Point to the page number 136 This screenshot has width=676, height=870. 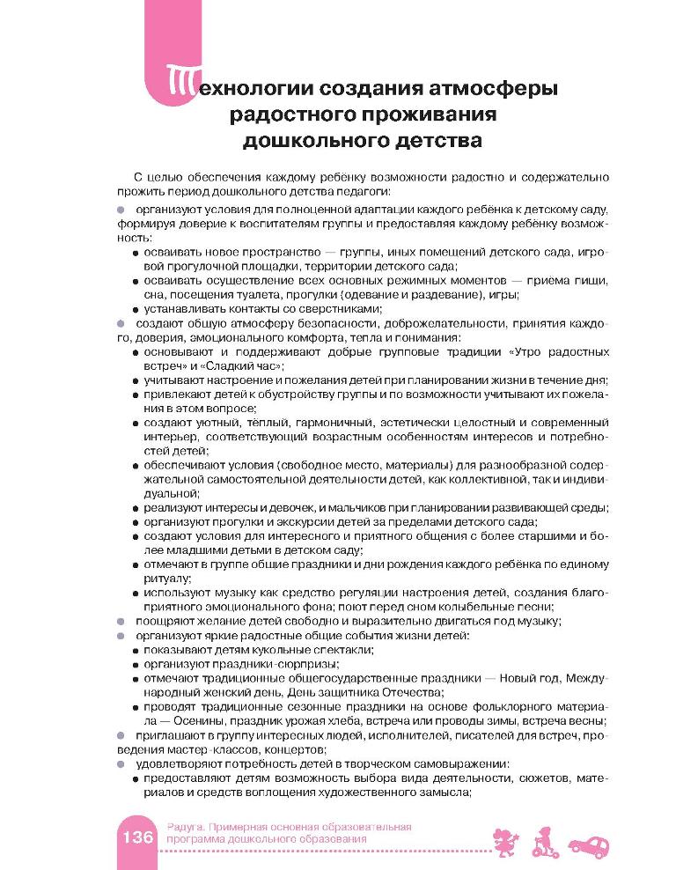(x=136, y=835)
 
